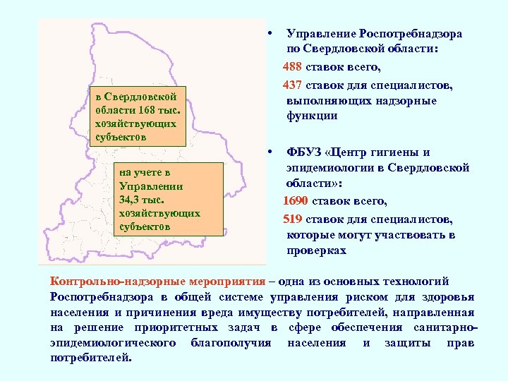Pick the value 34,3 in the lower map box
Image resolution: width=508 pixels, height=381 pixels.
(x=133, y=200)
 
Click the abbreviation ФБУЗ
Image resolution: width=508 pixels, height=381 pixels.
(x=304, y=152)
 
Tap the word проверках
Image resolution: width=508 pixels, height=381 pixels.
(x=316, y=250)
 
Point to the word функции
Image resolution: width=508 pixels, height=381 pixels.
(x=311, y=116)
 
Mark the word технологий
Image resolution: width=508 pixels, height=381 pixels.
(x=440, y=280)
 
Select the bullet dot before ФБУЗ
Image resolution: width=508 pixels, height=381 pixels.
(x=270, y=152)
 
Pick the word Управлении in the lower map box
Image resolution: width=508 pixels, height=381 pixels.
(x=151, y=186)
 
